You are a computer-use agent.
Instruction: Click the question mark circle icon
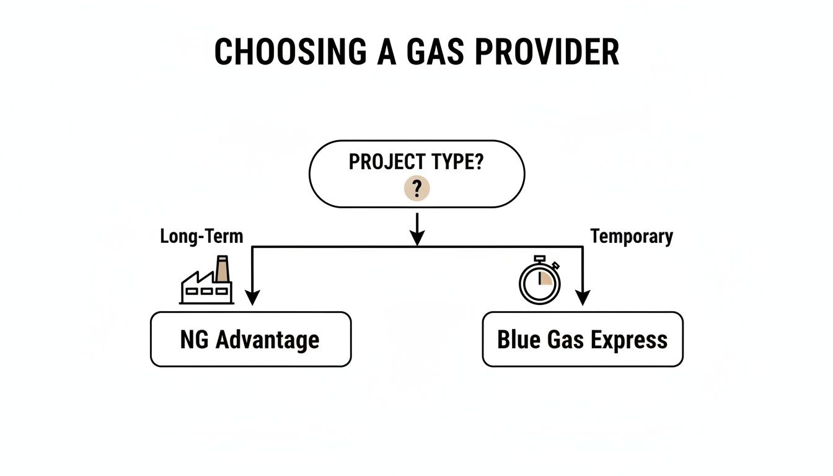point(416,188)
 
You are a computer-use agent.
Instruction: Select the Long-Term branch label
point(201,236)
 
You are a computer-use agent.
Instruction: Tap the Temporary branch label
point(631,236)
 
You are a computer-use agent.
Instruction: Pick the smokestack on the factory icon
point(221,268)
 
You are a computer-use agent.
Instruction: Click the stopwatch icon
point(539,280)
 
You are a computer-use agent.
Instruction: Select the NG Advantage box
point(250,339)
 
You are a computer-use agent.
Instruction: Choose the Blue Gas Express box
point(582,339)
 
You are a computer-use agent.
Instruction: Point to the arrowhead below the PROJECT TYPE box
point(417,237)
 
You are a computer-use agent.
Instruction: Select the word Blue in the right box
point(518,340)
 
